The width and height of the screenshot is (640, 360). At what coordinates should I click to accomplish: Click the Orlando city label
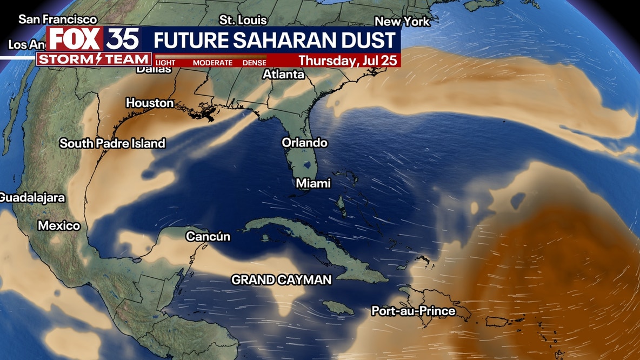(304, 143)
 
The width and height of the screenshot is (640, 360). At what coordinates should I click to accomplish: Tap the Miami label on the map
(313, 184)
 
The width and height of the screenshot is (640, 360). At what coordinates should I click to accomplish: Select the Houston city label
(150, 103)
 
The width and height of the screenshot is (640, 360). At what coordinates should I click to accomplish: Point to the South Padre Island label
(112, 143)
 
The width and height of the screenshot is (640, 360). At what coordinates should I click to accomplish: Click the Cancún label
(208, 237)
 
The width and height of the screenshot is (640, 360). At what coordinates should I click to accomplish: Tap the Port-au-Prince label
(414, 311)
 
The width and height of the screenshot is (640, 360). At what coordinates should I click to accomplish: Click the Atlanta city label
(283, 75)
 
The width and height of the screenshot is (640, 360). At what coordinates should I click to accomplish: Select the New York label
(402, 22)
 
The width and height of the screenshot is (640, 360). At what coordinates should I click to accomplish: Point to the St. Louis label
(243, 20)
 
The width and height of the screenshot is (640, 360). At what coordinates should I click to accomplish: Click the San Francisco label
(58, 19)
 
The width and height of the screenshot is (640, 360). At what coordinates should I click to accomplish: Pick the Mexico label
(59, 226)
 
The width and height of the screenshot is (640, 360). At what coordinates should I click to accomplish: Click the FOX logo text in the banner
(75, 40)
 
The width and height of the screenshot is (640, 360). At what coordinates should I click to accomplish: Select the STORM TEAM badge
(94, 59)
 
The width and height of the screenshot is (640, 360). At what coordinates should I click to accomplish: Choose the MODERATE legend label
(212, 63)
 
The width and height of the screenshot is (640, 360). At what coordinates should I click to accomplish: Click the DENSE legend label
(254, 63)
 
